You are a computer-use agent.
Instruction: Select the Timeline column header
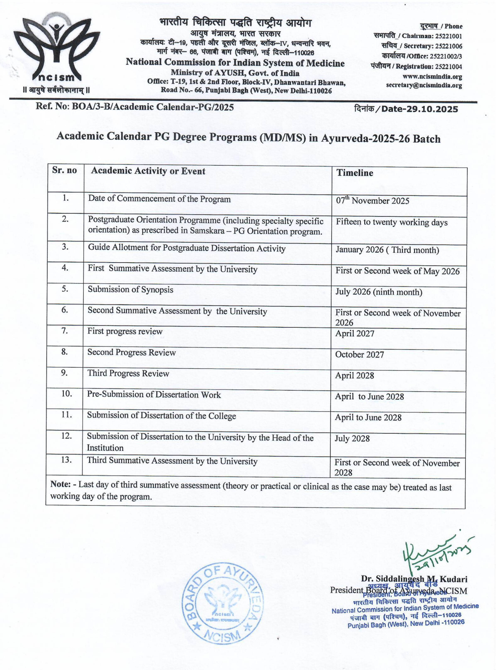coord(355,173)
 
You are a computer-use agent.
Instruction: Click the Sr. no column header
coord(64,170)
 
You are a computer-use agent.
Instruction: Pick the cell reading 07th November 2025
coord(372,200)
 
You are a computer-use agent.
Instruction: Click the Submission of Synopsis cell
coord(130,289)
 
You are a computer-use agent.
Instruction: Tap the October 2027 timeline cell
coord(359,354)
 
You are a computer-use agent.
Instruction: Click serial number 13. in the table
coord(66,460)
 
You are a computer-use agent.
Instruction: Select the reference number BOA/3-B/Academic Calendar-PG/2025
coord(153,107)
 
